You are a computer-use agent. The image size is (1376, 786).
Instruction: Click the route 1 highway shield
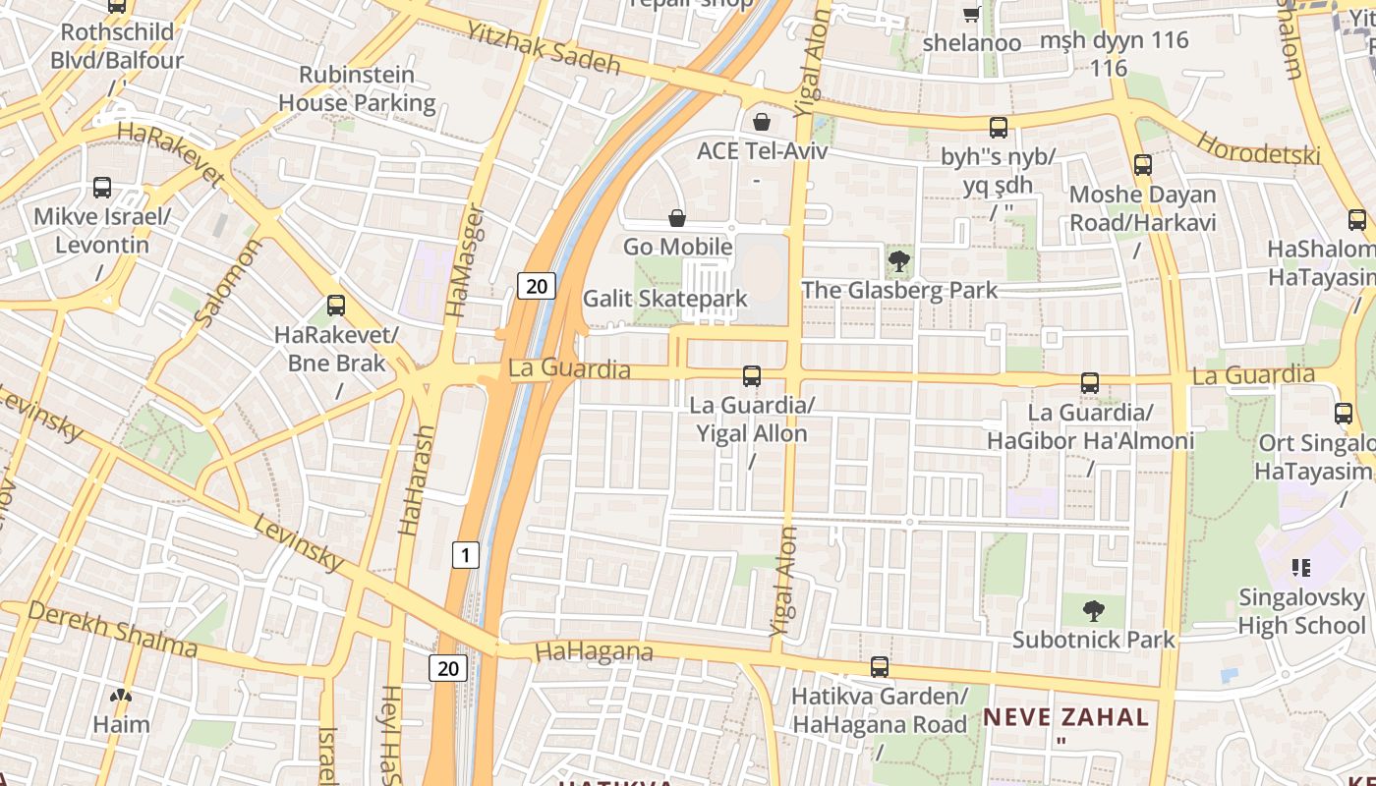465,555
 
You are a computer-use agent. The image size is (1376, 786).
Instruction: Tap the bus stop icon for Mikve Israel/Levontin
102,188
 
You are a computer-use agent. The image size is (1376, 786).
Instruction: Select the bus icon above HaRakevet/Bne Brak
336,306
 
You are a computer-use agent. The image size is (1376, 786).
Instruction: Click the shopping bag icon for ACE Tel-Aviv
762,122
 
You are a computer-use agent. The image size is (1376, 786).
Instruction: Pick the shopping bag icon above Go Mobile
677,217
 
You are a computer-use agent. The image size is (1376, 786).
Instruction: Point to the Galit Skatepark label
665,299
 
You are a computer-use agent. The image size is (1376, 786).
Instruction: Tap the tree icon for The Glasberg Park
898,261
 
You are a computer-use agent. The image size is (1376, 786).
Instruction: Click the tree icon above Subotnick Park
1093,611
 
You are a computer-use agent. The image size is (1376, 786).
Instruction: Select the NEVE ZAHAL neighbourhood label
1066,717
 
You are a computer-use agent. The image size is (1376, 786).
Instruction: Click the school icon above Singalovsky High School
1301,567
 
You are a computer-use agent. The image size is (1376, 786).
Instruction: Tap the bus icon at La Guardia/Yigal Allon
752,375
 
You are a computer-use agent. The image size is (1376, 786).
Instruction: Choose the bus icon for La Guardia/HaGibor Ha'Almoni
1089,383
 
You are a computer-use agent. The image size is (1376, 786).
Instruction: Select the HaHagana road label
594,651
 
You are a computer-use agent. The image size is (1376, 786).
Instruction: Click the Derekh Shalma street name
112,630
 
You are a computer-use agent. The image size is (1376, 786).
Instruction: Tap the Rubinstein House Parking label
357,88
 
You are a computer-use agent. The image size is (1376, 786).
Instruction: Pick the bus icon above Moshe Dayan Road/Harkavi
1142,165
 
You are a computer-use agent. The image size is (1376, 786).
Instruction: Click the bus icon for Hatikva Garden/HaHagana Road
880,667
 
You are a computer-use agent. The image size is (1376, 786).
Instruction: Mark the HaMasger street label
464,260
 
